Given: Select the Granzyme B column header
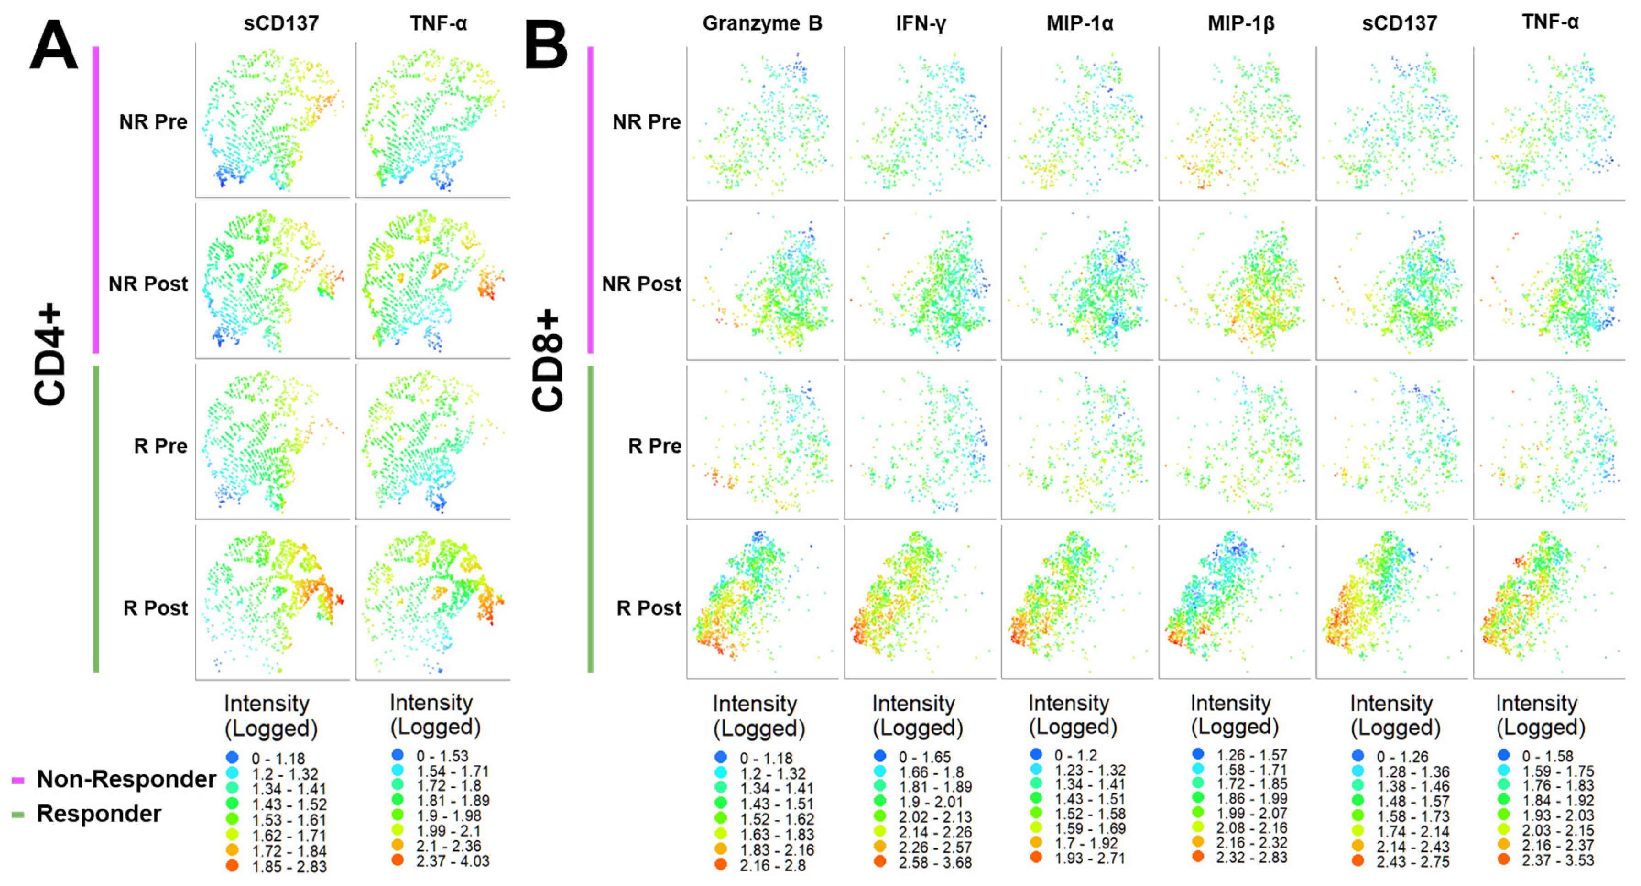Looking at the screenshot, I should (762, 23).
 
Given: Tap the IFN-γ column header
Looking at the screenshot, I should (921, 23).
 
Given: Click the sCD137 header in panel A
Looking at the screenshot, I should (280, 23).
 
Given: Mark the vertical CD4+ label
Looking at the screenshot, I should (49, 355).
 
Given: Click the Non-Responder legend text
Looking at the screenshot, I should (126, 779).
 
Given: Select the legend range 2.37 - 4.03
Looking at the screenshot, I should (453, 861).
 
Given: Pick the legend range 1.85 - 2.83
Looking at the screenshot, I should (289, 867).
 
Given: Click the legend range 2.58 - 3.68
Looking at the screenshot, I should (934, 863).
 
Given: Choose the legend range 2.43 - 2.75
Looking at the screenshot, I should (1412, 862).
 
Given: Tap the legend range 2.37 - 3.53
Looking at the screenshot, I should (1558, 860).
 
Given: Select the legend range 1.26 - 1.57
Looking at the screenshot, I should (1251, 755).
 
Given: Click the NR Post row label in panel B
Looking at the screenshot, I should (642, 284).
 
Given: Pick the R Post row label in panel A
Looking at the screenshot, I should (155, 608).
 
